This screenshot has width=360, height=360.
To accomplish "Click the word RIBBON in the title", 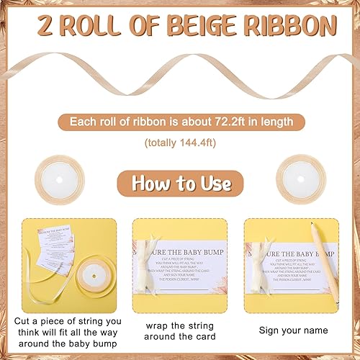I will coord(292,27).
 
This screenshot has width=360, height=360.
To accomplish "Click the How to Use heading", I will coord(180,183).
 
